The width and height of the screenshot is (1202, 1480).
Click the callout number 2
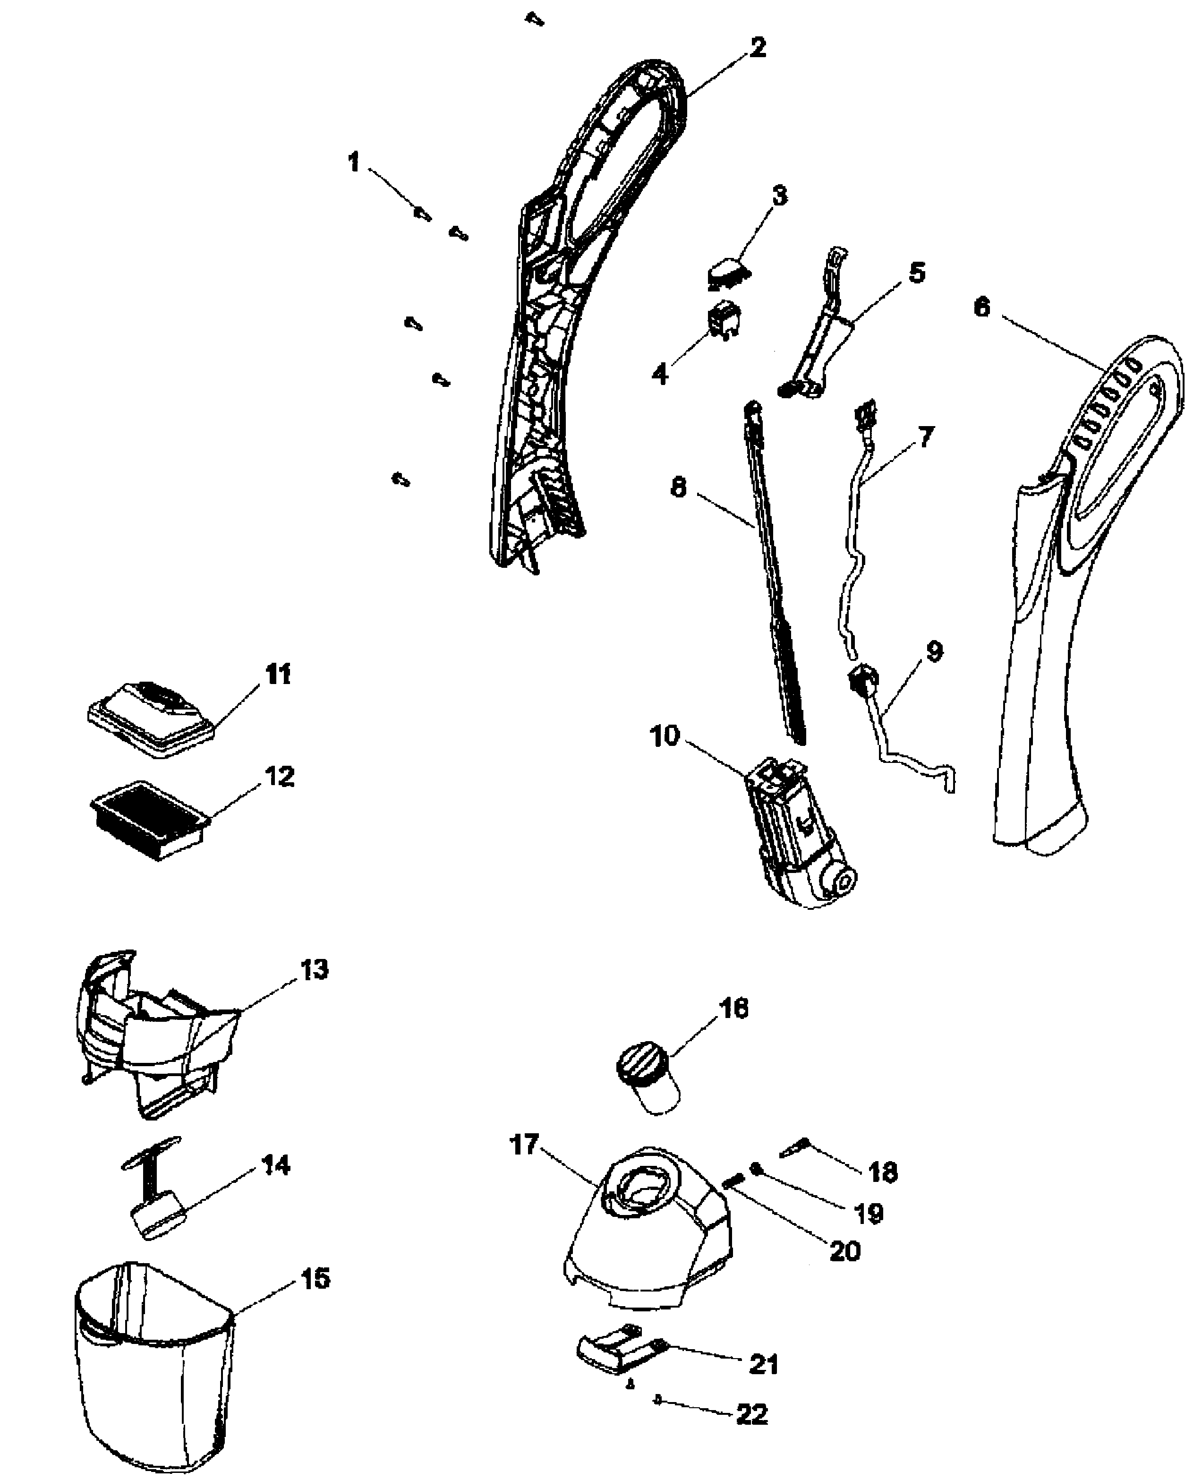pyautogui.click(x=758, y=48)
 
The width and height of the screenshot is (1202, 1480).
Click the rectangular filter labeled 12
pyautogui.click(x=150, y=820)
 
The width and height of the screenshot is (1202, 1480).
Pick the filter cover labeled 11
pyautogui.click(x=152, y=715)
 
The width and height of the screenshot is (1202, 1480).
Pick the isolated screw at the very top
pyautogui.click(x=534, y=19)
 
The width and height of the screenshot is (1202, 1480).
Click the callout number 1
pyautogui.click(x=354, y=163)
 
